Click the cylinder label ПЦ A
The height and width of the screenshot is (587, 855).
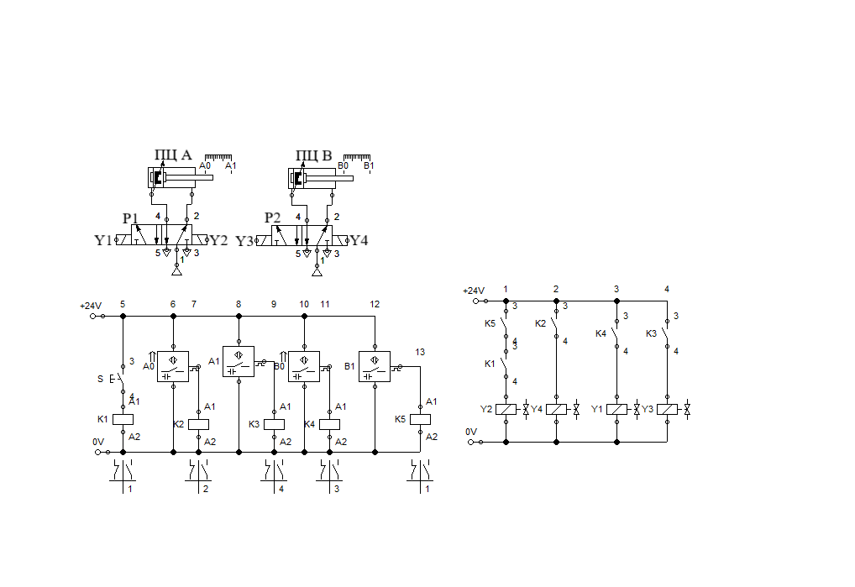(x=173, y=155)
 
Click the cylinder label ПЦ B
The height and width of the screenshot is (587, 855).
(x=314, y=155)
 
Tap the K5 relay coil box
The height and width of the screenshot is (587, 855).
(x=420, y=419)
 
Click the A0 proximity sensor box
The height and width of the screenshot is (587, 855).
(x=173, y=366)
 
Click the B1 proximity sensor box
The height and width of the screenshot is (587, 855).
(x=375, y=366)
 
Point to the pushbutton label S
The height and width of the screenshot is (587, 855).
(x=101, y=379)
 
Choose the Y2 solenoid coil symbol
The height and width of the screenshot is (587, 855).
(x=506, y=409)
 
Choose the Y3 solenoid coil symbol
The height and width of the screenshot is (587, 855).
(x=667, y=409)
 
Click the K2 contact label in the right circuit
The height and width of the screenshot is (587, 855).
(x=540, y=323)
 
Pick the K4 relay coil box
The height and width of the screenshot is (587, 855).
(x=329, y=424)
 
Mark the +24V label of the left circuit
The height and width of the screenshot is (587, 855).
(x=90, y=306)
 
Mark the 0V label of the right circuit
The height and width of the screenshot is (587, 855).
(x=471, y=432)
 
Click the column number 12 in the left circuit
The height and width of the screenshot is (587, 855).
(x=375, y=304)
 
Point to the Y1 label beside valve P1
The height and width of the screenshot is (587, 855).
(x=102, y=241)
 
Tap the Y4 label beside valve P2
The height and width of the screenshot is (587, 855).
(x=359, y=241)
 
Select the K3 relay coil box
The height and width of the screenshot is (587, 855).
(x=274, y=424)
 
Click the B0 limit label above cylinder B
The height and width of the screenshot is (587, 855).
(x=343, y=166)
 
